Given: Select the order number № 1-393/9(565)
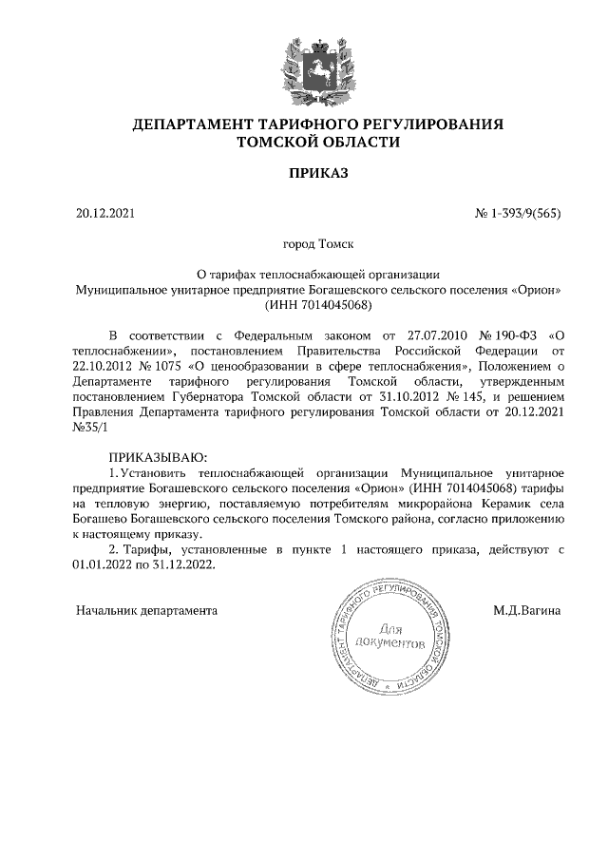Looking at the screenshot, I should point(518,214).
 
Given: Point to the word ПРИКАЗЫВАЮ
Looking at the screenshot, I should point(156,458).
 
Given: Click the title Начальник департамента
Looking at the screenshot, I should point(146,609).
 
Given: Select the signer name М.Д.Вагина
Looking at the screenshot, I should point(527,609).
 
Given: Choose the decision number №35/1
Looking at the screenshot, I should point(92,429).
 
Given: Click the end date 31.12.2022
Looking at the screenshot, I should point(183,564).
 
